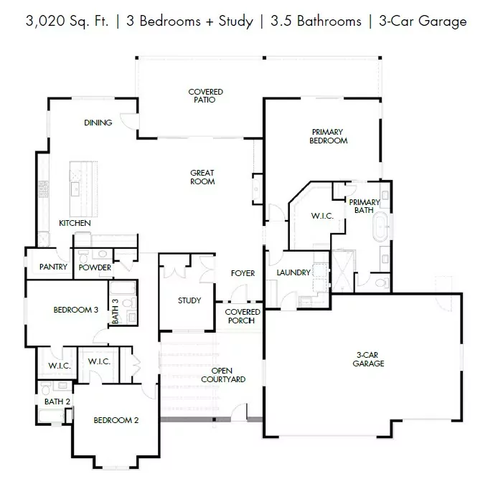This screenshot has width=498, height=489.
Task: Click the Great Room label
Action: pos(202,177)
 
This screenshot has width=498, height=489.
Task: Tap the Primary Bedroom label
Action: pos(328,136)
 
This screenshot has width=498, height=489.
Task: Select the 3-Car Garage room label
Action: pos(368,359)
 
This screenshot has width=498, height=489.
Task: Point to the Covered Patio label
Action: pos(205,95)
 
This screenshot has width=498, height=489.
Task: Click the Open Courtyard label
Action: pos(223,375)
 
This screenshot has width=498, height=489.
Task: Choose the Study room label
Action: pos(189,300)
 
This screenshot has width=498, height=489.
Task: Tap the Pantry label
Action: pos(53,267)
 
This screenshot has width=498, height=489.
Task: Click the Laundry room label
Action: pos(293,272)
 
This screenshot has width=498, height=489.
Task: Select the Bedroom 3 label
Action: pos(76,310)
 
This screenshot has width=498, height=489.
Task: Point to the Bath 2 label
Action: pos(57,402)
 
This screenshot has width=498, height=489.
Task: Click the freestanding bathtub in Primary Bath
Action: pos(380,227)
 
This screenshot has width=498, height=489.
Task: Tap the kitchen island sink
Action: pos(75,189)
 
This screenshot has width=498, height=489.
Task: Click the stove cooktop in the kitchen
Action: pos(44,189)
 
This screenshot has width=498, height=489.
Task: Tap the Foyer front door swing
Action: pos(239,293)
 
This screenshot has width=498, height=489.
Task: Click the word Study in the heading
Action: pos(235,22)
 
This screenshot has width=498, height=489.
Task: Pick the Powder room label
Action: pos(95,267)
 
